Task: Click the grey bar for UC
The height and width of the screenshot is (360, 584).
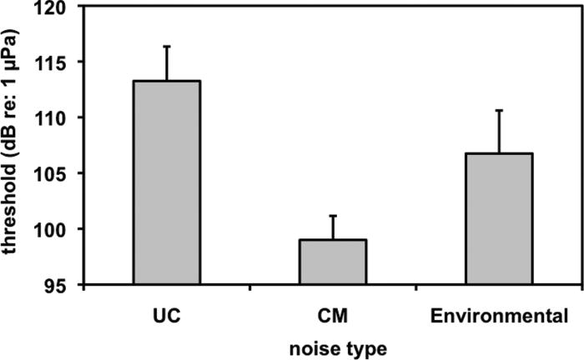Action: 166,183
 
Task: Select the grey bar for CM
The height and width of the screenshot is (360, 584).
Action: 333,262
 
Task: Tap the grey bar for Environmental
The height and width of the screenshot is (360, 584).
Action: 499,219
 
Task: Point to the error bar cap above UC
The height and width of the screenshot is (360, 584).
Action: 166,47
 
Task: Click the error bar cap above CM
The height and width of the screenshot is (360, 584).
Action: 333,216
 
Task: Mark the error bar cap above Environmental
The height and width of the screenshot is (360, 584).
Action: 499,110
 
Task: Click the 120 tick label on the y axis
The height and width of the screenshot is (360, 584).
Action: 53,7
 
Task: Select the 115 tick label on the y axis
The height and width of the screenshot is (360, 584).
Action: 53,62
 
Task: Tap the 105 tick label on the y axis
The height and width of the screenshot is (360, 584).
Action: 53,174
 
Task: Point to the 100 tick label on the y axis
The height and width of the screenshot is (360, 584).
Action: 53,229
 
